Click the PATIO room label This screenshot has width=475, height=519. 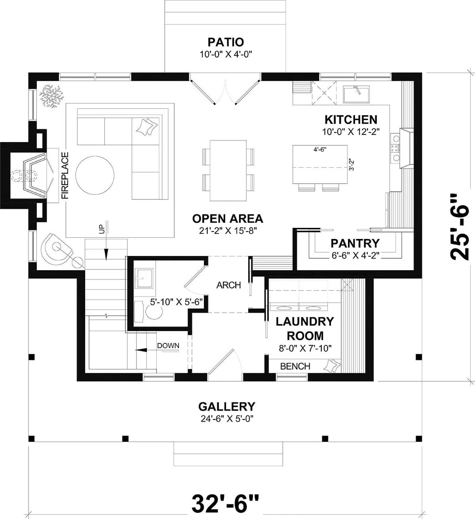[x=226, y=42]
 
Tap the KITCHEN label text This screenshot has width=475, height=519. [x=351, y=119]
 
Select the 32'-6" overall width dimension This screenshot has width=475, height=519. [x=226, y=503]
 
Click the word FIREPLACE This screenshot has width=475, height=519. [x=65, y=175]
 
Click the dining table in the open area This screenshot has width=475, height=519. [x=228, y=170]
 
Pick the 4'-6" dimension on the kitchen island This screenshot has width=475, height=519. [x=320, y=149]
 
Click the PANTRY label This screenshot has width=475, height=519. [x=355, y=243]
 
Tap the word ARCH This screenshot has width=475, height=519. [x=228, y=285]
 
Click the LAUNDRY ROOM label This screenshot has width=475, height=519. [x=305, y=328]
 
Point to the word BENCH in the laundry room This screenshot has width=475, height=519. [x=295, y=366]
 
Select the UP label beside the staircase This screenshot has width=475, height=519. [x=101, y=229]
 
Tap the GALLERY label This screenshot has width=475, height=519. [x=226, y=406]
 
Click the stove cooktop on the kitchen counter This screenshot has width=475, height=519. [x=395, y=148]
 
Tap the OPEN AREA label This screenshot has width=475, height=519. [x=228, y=218]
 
